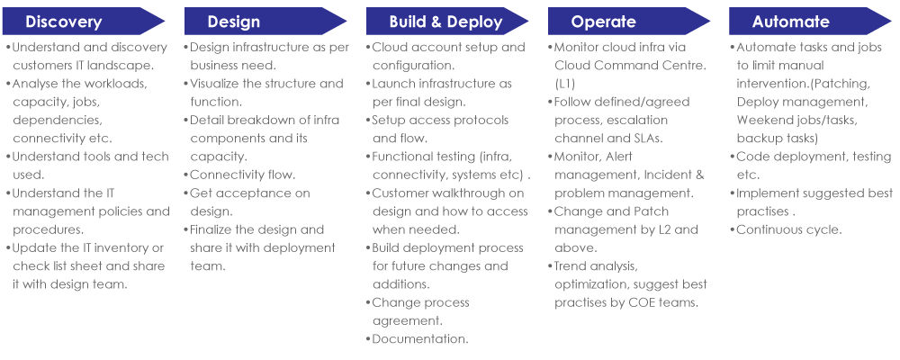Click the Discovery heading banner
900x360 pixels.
point(84,22)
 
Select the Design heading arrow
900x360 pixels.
point(265,22)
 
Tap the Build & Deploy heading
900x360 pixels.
point(447,22)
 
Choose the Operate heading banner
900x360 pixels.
point(628,22)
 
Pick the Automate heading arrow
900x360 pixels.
point(810,22)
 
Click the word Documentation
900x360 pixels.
point(420,338)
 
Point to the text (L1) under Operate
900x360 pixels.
point(565,84)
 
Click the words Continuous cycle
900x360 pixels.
point(789,229)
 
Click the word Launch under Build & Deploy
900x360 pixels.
point(394,84)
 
